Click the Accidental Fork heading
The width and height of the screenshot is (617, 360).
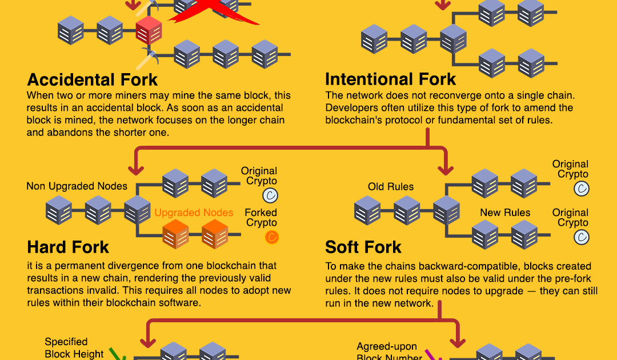tap(93, 79)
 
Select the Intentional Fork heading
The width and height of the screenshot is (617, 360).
tap(391, 79)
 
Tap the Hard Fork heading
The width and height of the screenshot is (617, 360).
tap(68, 247)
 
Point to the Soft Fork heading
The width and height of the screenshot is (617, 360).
tap(363, 247)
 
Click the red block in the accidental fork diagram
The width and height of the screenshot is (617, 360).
tap(149, 30)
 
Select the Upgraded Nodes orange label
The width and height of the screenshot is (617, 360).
tap(194, 213)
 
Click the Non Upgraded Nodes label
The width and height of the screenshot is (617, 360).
tap(77, 186)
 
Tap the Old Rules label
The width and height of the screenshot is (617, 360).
tap(391, 186)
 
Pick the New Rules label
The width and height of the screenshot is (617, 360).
tap(505, 213)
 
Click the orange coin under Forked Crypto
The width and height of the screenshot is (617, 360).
tap(272, 237)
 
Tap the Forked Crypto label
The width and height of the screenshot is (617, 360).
tap(261, 218)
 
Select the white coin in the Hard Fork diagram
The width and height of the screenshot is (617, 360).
tap(270, 196)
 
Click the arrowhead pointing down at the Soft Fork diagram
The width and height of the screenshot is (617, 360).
tap(445, 170)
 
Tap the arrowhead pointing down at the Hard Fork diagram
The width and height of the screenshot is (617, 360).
tap(137, 170)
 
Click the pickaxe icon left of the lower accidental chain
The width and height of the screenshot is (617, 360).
tap(149, 56)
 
